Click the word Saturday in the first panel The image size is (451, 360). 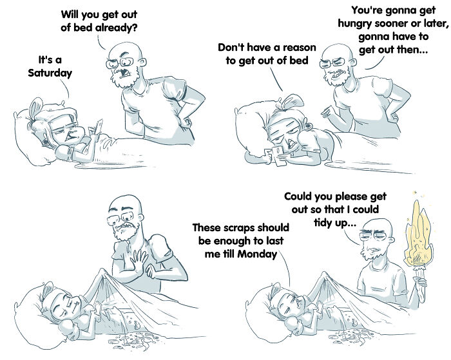click(50, 73)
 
